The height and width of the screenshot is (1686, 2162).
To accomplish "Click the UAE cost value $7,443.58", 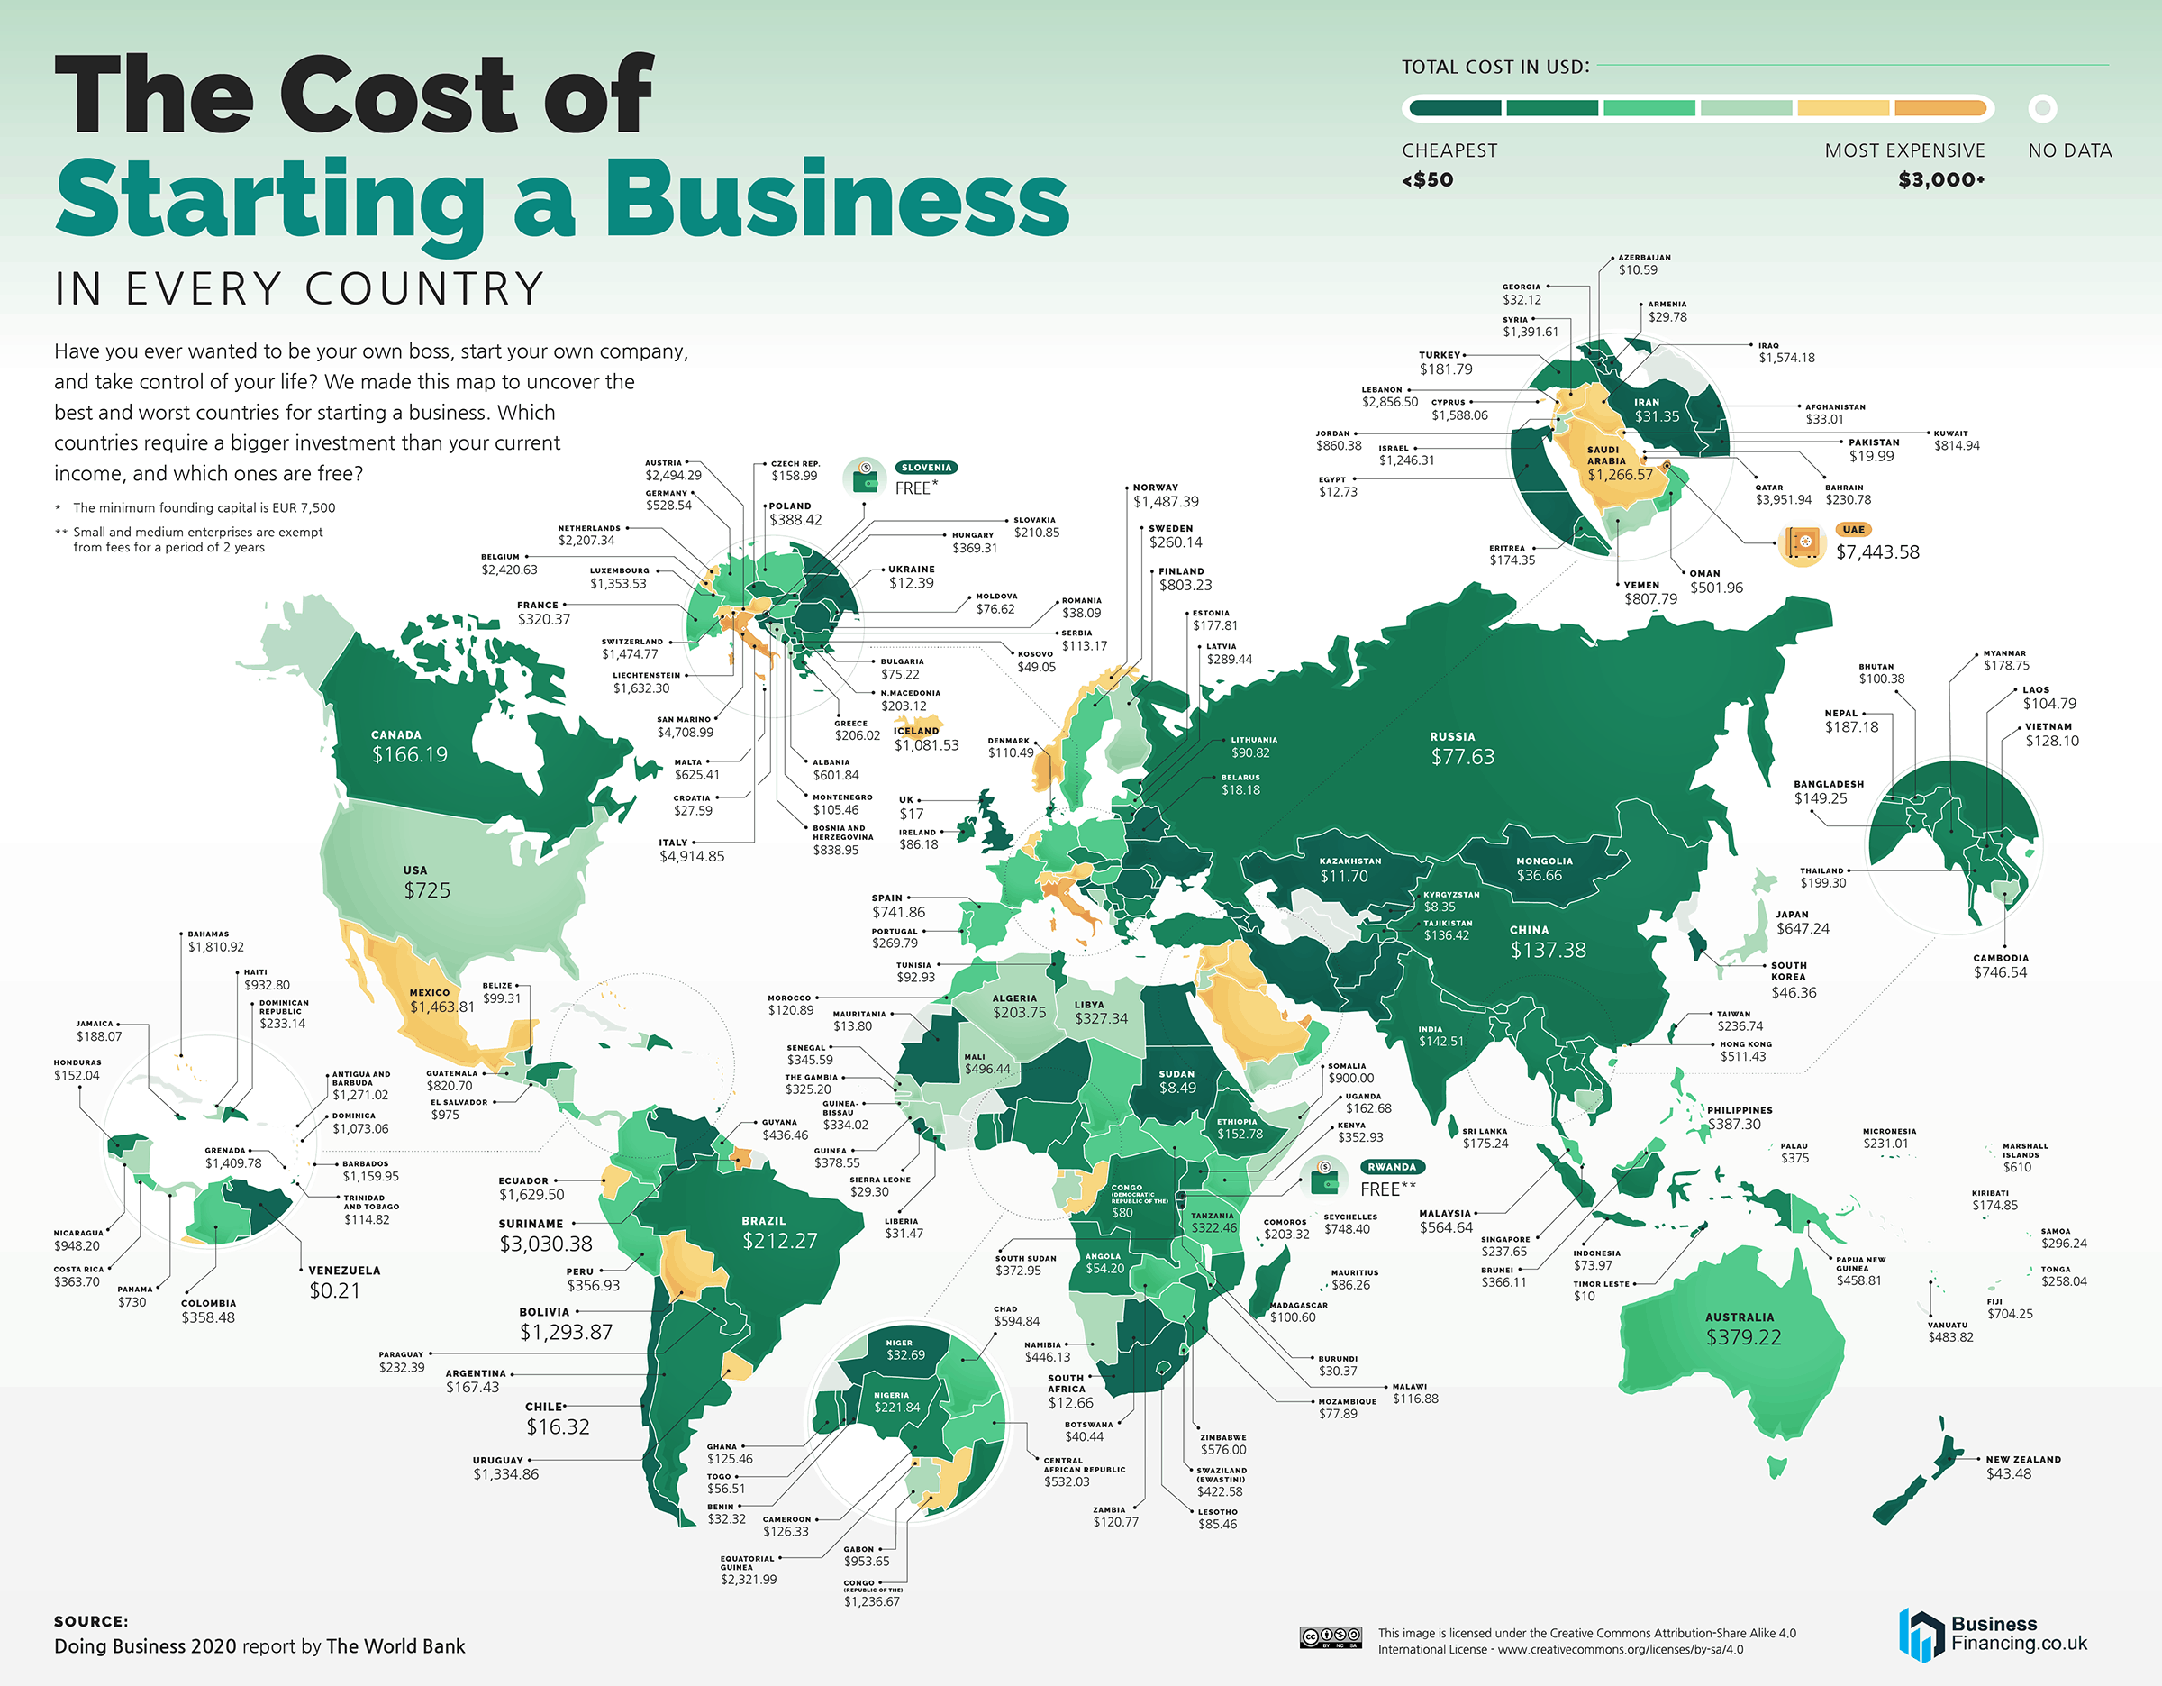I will [1877, 552].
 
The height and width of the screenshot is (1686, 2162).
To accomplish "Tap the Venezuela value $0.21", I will [334, 1290].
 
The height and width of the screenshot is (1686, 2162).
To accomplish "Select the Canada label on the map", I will [396, 734].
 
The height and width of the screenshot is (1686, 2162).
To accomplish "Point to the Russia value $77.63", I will [1462, 756].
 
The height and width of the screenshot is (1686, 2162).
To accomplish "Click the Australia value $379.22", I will [1743, 1337].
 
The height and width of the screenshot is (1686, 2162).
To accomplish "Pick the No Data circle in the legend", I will [2042, 108].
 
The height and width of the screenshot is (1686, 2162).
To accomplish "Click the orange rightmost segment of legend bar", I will [1939, 108].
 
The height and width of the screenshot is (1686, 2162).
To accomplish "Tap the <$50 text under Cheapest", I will [1428, 180].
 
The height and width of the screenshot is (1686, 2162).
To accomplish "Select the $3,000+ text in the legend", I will [1941, 180].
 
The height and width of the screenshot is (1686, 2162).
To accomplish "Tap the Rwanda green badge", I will [1392, 1166].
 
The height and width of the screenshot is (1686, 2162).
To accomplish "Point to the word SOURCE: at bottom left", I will [91, 1622].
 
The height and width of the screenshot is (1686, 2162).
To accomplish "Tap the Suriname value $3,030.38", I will [545, 1244].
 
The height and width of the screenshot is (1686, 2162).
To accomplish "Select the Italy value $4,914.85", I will [692, 856].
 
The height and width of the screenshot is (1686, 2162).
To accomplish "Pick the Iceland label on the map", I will [917, 731].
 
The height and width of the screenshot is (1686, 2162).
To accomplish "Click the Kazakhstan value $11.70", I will [1343, 876].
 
